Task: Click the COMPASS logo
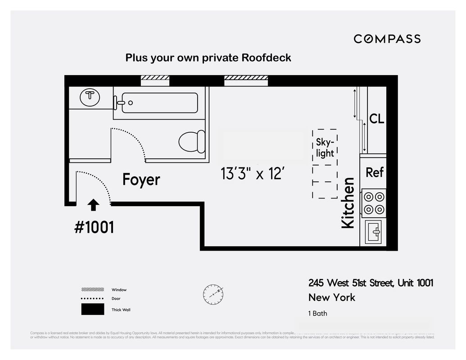pyautogui.click(x=387, y=39)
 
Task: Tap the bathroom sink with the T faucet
pyautogui.click(x=90, y=97)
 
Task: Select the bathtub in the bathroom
pyautogui.click(x=155, y=103)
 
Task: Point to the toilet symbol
pyautogui.click(x=191, y=142)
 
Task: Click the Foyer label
pyautogui.click(x=141, y=180)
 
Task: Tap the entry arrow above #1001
pyautogui.click(x=93, y=205)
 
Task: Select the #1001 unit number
pyautogui.click(x=94, y=227)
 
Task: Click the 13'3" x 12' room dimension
pyautogui.click(x=253, y=173)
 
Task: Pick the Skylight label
pyautogui.click(x=325, y=148)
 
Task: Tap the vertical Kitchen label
pyautogui.click(x=348, y=203)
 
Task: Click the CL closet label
pyautogui.click(x=376, y=119)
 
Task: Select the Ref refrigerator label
pyautogui.click(x=374, y=172)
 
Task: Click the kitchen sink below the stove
pyautogui.click(x=373, y=233)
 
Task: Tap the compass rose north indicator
pyautogui.click(x=213, y=294)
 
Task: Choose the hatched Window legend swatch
pyautogui.click(x=92, y=289)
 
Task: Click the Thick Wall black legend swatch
pyautogui.click(x=92, y=310)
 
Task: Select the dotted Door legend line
pyautogui.click(x=92, y=298)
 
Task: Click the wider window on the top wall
pyautogui.click(x=246, y=81)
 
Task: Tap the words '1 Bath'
pyautogui.click(x=318, y=313)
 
